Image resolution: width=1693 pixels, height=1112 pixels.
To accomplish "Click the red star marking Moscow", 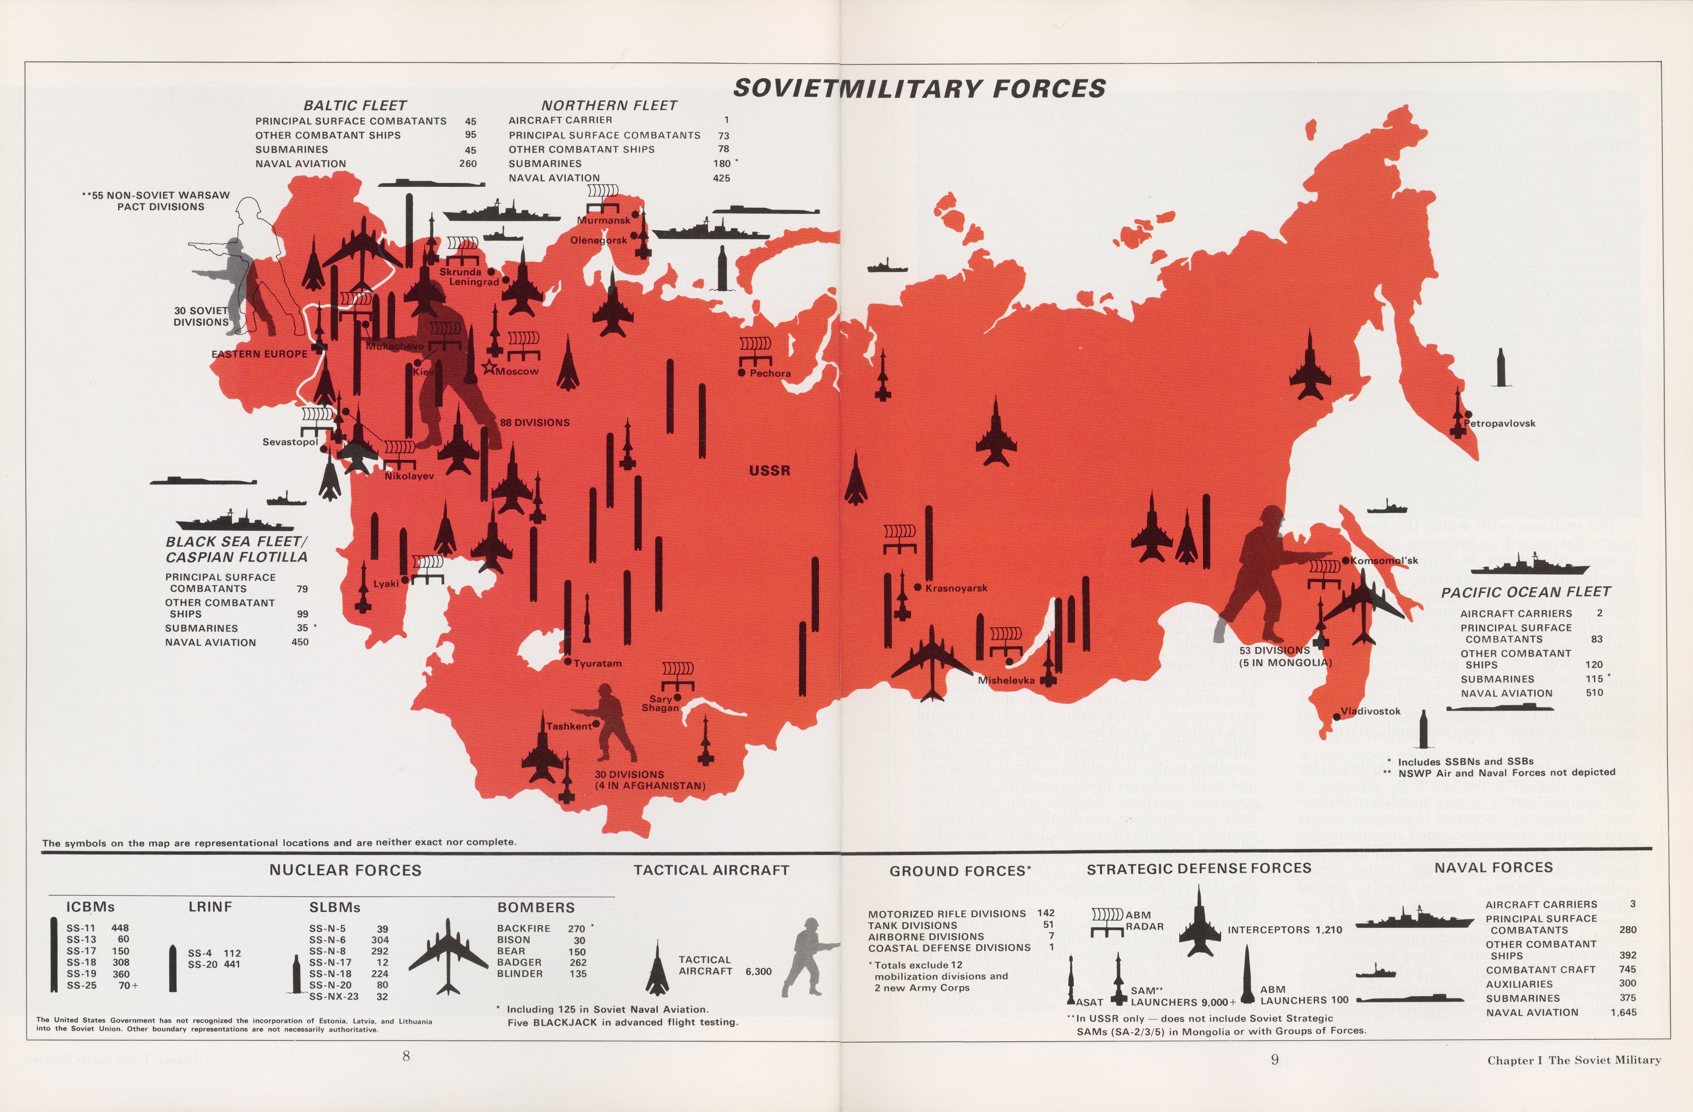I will pos(488,368).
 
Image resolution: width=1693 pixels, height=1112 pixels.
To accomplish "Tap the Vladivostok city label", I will pos(1371,711).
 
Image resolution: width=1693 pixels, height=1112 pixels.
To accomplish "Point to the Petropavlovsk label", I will pos(1499,423).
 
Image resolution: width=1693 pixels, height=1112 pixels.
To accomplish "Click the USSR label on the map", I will pos(770,470).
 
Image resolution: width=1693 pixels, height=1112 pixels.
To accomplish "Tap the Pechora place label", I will pos(770,373).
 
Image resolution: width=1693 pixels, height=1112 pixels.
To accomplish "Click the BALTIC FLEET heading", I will pos(355,106).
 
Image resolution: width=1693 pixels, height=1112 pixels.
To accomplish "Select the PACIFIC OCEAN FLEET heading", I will pos(1526,592).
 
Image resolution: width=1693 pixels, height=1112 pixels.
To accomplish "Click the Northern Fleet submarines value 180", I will pos(721,164).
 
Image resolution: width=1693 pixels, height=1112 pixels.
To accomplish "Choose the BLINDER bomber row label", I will pos(519,974).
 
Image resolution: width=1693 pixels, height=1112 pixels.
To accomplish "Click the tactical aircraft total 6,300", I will pos(758,971).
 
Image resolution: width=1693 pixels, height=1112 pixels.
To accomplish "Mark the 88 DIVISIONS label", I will pos(535,423).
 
